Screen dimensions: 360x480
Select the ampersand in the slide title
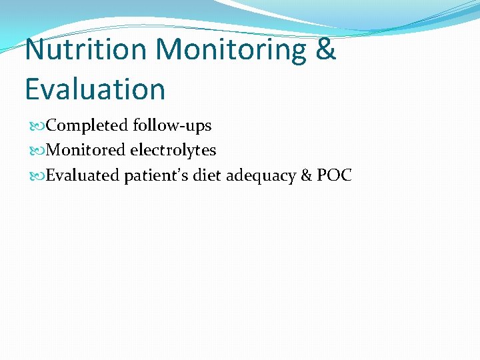(x=325, y=49)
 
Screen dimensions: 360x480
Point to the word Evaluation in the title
(x=95, y=89)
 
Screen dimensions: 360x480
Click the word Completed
(x=88, y=126)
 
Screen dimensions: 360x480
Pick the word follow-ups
(x=172, y=126)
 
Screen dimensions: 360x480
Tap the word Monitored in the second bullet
(x=86, y=151)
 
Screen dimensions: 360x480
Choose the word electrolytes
(x=173, y=151)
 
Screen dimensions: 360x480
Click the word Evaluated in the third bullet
(x=83, y=175)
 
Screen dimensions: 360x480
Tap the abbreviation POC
(x=334, y=175)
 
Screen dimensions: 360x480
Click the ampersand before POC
(x=306, y=175)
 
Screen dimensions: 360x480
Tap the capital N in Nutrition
(x=37, y=49)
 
